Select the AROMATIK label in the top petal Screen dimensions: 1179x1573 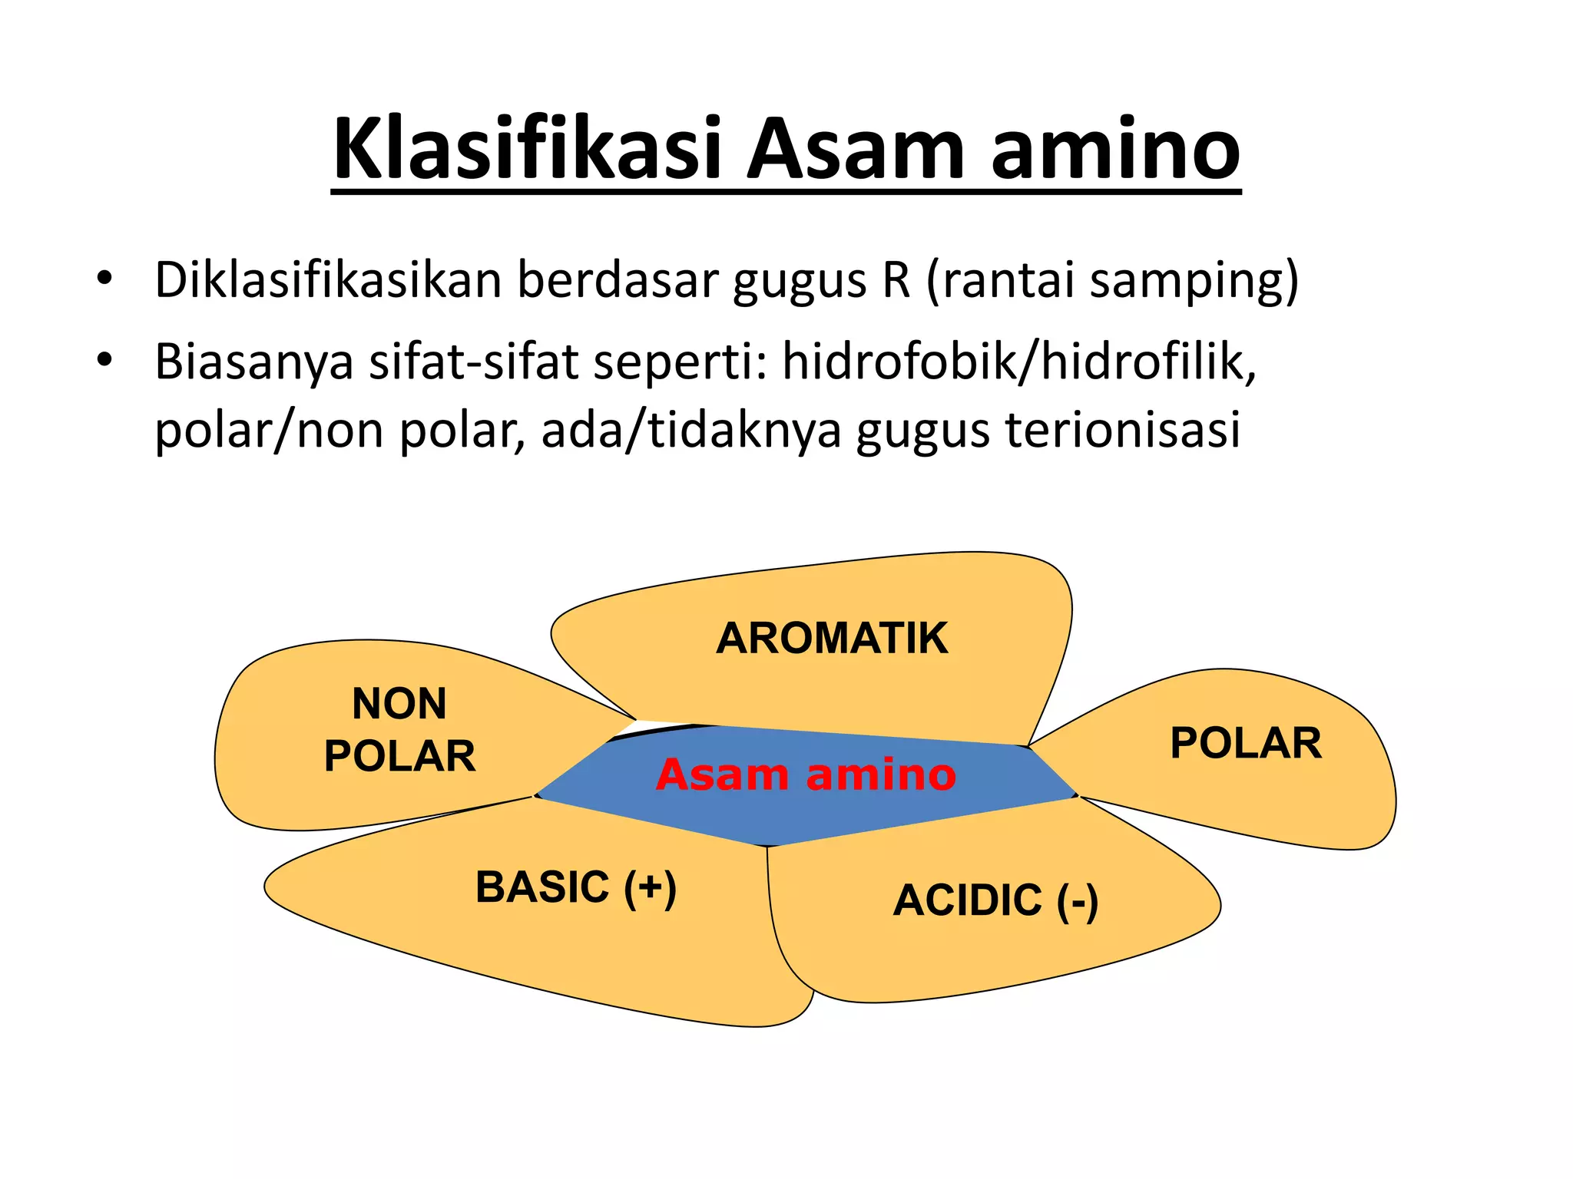(x=832, y=639)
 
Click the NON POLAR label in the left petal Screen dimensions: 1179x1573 (x=399, y=730)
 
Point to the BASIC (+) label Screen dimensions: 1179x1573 (x=576, y=888)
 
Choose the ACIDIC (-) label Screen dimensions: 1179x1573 (x=995, y=900)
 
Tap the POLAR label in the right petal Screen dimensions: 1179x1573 (x=1246, y=743)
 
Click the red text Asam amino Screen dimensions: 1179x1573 (x=806, y=774)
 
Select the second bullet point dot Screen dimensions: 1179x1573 (x=104, y=359)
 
